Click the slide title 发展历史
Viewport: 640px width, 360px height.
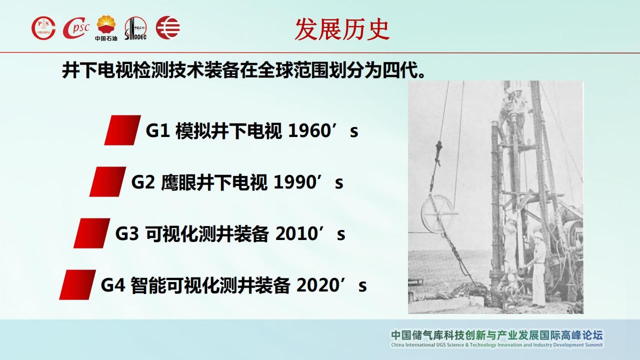[x=342, y=29]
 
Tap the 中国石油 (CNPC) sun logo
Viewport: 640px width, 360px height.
[x=106, y=28]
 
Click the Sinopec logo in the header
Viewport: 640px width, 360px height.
[x=135, y=28]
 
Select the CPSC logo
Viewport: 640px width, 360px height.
[x=76, y=28]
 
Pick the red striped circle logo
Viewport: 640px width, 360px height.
[x=168, y=27]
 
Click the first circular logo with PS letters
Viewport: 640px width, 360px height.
[x=43, y=28]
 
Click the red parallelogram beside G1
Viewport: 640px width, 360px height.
[x=122, y=130]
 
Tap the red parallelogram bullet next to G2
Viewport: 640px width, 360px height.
[x=107, y=181]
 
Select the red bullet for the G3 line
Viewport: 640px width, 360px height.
[x=91, y=233]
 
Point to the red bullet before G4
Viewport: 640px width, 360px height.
[x=77, y=285]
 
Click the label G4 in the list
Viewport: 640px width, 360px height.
[x=113, y=285]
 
